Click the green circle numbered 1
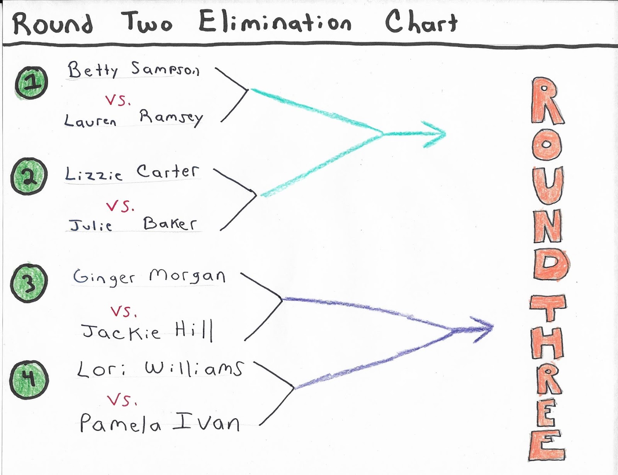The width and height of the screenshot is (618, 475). tap(32, 83)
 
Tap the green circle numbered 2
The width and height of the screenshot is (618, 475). tap(29, 176)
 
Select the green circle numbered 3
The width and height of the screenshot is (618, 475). tap(29, 283)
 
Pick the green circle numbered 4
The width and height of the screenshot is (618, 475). tap(29, 380)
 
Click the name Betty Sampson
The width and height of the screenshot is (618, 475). tap(133, 70)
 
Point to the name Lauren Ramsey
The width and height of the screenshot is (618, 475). tap(133, 118)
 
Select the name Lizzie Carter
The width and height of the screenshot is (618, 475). tap(132, 173)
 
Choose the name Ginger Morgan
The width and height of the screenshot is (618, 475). tap(149, 277)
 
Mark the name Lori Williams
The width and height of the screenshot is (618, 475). tap(160, 369)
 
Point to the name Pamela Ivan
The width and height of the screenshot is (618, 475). tap(160, 422)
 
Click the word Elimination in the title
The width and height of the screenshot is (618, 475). tap(275, 22)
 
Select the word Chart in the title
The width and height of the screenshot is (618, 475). tap(421, 22)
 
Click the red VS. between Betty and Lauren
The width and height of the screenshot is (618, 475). tap(118, 100)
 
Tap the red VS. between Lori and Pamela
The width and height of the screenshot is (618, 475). tap(122, 400)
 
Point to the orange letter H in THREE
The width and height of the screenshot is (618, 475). tap(547, 342)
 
